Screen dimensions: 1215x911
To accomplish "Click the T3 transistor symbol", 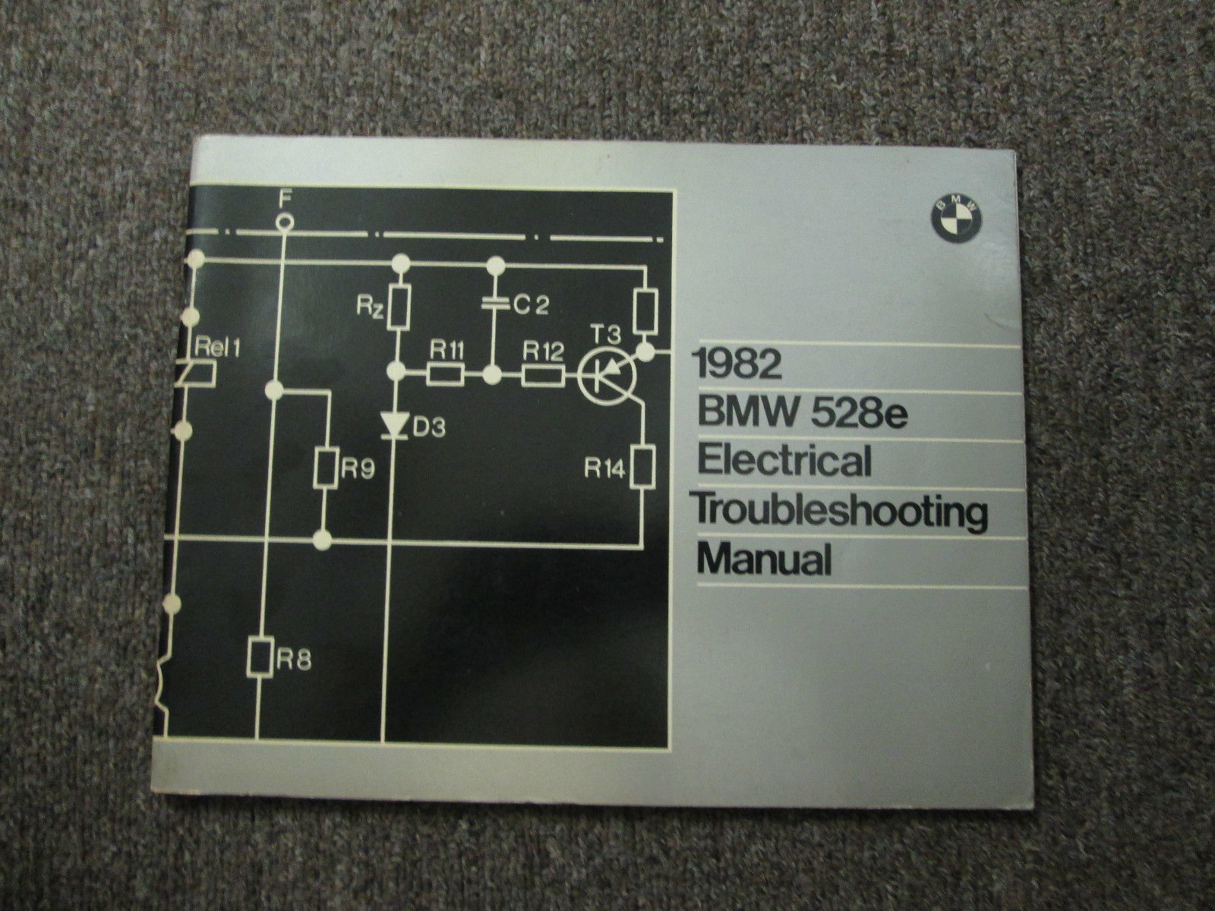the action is coord(607,376).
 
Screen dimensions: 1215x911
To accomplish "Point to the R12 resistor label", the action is coord(543,351).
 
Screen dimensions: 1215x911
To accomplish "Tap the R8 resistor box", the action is coord(260,658).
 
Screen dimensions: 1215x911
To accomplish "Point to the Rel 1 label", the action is coord(217,348).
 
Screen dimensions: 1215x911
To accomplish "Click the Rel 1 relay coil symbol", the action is coord(197,372).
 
